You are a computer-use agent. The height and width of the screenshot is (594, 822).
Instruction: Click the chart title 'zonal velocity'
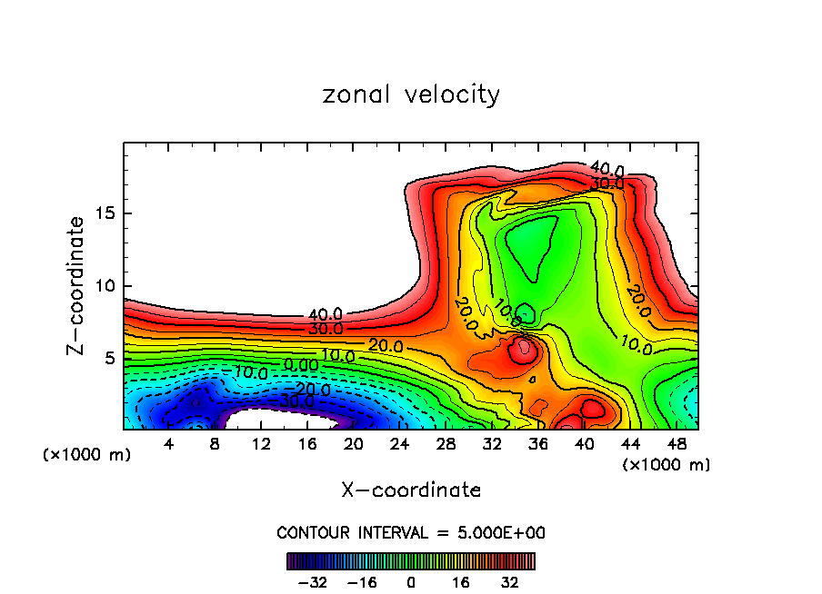(x=411, y=94)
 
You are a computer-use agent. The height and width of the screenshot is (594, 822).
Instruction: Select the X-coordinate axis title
(x=411, y=490)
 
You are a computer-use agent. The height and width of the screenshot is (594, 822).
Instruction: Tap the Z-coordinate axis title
(x=77, y=285)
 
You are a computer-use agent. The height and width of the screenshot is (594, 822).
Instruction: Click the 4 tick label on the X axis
(x=169, y=444)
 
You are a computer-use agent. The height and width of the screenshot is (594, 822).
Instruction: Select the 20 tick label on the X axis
(x=354, y=444)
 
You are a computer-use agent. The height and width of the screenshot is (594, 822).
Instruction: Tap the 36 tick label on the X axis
(x=538, y=444)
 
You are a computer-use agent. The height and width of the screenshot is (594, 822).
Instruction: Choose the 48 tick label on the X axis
(x=677, y=444)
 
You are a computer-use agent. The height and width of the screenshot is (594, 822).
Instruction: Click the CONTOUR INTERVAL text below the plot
(x=411, y=532)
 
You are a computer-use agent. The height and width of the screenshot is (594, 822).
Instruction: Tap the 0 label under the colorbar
(x=411, y=581)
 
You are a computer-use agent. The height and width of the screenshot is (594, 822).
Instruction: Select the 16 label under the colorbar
(x=461, y=581)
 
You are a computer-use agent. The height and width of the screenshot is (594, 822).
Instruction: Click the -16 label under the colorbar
(x=362, y=581)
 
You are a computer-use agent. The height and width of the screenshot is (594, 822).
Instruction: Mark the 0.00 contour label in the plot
(x=302, y=364)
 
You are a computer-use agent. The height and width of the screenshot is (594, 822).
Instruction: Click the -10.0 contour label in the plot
(x=247, y=372)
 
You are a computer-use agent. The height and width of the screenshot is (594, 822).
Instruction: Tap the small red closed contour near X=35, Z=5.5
(x=523, y=350)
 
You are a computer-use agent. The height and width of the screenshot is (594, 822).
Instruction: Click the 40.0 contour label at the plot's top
(x=606, y=169)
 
